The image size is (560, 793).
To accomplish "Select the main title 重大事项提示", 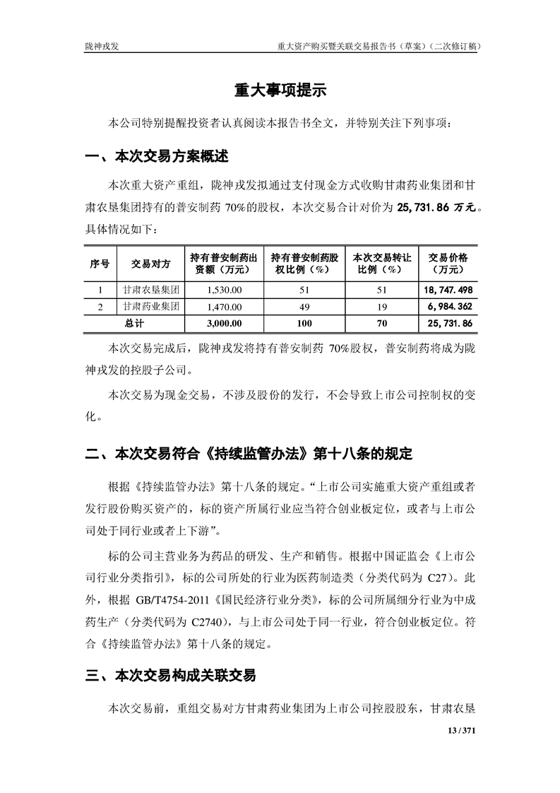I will point(280,91).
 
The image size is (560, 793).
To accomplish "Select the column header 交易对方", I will point(150,264).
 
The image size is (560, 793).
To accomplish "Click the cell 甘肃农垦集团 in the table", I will point(150,290).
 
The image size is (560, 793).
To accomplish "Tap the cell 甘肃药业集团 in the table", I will point(150,307).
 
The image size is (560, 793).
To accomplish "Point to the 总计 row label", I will point(134,323).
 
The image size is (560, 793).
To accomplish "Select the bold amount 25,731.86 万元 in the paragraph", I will point(439,208).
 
